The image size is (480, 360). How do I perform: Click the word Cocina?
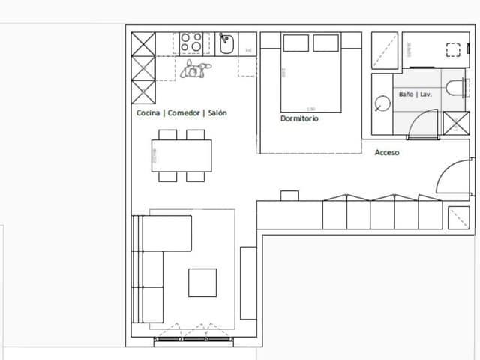pos(148,113)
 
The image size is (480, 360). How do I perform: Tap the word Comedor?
pos(184,113)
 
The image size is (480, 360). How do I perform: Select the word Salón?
pos(217,113)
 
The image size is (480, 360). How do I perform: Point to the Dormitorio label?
pos(300,119)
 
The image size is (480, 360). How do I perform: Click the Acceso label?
pos(387,153)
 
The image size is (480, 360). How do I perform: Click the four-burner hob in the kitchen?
pos(191,43)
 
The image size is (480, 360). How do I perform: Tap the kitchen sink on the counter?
pos(227,44)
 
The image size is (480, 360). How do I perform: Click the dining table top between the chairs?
pos(181,156)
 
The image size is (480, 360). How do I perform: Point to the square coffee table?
pos(202,283)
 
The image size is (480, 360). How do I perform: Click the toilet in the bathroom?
pos(455,88)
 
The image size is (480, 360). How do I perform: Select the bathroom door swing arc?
pos(423,124)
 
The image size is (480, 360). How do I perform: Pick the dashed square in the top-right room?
pos(453,50)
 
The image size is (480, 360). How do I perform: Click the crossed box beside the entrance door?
pos(458,217)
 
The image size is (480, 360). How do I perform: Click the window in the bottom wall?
pos(193,340)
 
